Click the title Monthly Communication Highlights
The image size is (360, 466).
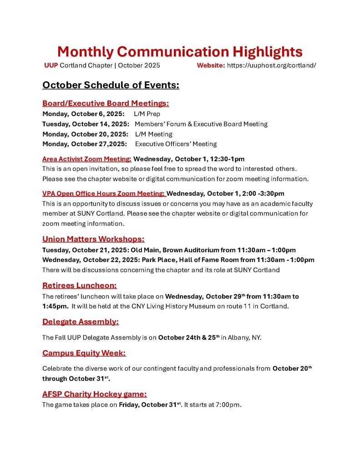coord(180,51)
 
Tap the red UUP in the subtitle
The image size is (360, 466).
coord(51,65)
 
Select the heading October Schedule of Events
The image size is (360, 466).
coord(111,85)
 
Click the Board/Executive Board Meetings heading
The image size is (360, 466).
coord(106,103)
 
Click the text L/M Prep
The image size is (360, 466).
coord(147,114)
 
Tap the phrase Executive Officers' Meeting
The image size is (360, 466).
coord(176,144)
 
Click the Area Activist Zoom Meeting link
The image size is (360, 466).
coord(86,159)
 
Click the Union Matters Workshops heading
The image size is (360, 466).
coord(93,239)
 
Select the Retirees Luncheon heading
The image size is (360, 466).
coord(80,285)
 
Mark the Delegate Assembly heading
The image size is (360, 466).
coord(81,322)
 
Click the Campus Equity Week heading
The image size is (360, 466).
coord(84,353)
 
